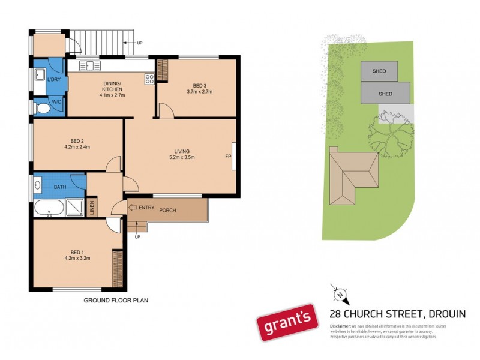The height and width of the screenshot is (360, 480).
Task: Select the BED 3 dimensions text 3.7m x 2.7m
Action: click(200, 92)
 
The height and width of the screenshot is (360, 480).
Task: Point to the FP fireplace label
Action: click(228, 157)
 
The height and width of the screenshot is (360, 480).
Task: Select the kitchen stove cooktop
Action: click(149, 77)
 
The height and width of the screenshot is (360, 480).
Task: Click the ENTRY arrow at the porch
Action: click(133, 208)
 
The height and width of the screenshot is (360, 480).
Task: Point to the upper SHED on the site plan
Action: click(379, 71)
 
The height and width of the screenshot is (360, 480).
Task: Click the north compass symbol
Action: click(340, 294)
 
